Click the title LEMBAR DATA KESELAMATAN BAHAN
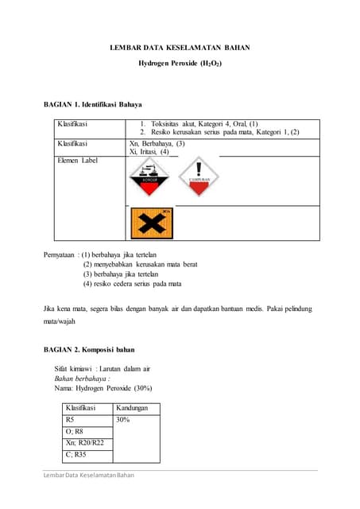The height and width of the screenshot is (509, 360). coord(180,48)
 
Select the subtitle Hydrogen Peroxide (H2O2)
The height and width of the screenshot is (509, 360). coord(180,62)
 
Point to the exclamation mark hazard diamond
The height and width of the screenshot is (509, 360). coord(197,179)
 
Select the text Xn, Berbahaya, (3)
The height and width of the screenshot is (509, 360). coord(157,144)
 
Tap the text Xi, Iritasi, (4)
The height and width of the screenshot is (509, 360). coord(149,152)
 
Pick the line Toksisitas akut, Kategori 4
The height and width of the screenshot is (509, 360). coord(199,124)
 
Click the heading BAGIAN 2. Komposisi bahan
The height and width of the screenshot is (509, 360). coord(89,349)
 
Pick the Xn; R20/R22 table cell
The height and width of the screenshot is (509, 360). coord(84,444)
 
